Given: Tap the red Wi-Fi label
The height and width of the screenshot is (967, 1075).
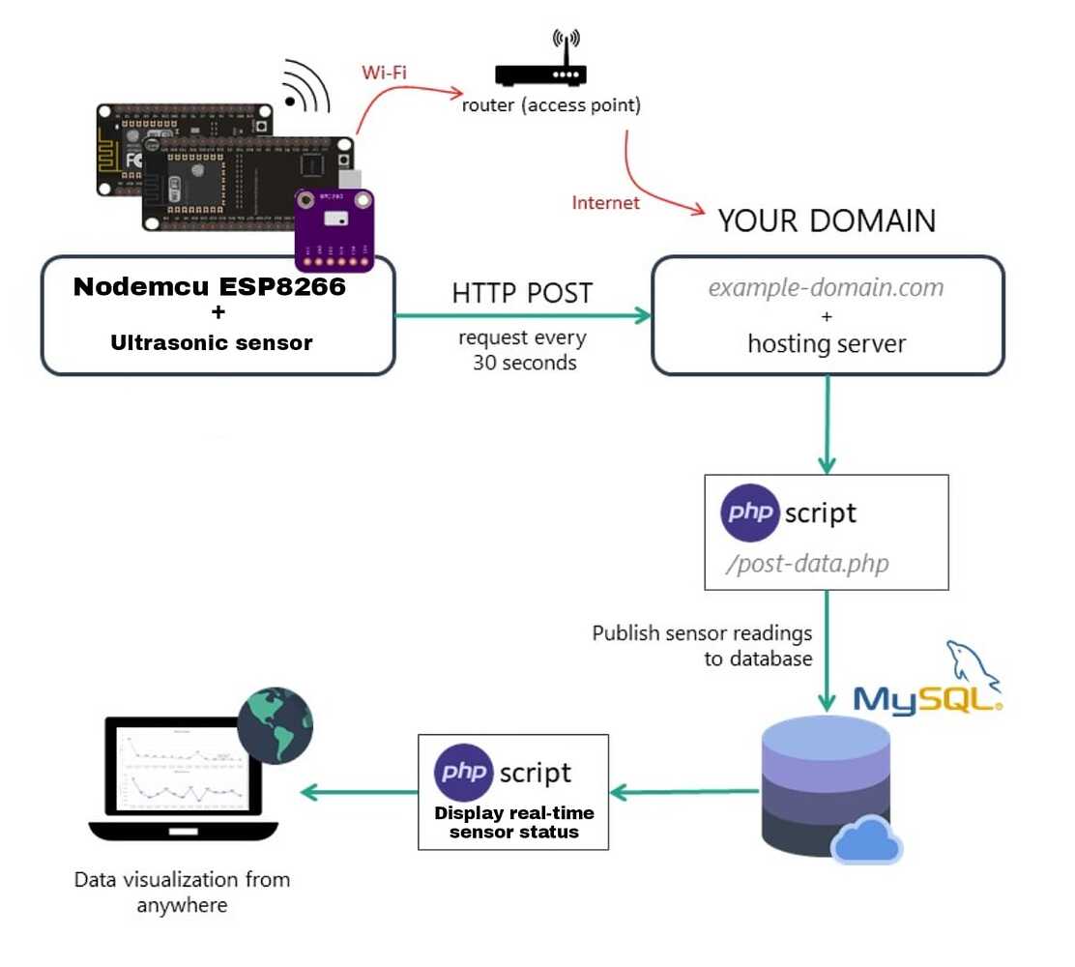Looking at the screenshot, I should [383, 73].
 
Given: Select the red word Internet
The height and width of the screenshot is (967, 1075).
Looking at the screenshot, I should [606, 203].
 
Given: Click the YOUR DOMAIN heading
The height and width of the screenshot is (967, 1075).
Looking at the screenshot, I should [827, 221].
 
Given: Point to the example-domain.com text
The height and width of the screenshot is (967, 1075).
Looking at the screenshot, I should [826, 287].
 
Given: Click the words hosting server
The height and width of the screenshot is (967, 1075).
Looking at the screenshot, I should [827, 343].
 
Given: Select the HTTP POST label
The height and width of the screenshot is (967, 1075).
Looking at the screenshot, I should [521, 293].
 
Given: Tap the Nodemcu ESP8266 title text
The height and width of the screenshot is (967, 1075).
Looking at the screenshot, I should [210, 287].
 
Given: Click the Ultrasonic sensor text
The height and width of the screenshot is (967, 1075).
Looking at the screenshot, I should [212, 341].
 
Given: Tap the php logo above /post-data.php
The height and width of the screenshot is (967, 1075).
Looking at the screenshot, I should [750, 511].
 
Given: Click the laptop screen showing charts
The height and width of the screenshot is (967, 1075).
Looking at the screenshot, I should [184, 770].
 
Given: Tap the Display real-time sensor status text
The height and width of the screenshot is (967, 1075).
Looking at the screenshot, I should [514, 822].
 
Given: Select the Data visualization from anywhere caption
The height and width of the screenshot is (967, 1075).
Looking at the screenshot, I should [183, 892].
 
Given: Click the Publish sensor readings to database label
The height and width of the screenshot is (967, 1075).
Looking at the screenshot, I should [702, 645].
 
